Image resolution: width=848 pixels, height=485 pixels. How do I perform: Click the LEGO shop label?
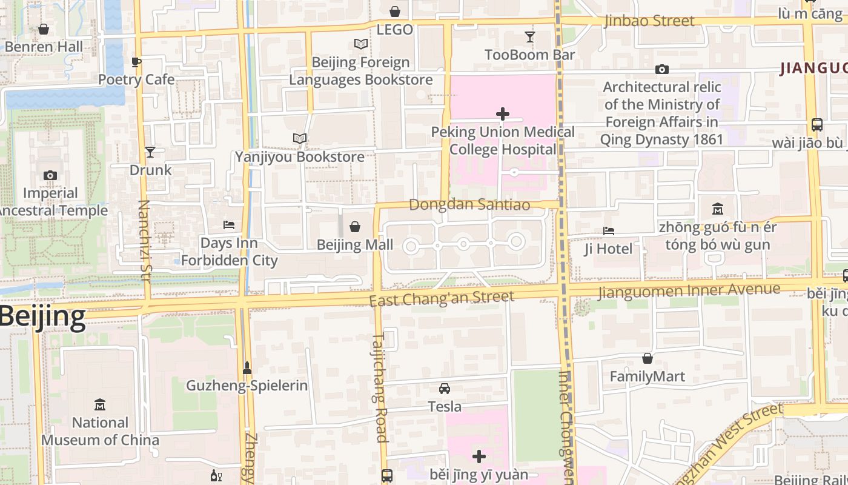pos(394,30)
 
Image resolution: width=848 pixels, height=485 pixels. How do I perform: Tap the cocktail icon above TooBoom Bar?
pos(530,37)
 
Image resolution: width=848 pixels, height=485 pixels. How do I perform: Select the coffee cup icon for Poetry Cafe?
pos(136,62)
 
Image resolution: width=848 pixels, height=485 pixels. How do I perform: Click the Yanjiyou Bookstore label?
pos(300,157)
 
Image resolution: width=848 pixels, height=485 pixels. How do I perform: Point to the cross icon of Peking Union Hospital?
pos(502,113)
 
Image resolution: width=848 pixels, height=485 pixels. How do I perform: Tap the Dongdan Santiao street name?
pos(469,205)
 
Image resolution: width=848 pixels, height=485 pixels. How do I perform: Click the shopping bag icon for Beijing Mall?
pos(355,227)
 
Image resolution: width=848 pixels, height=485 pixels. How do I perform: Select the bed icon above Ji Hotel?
pos(609,231)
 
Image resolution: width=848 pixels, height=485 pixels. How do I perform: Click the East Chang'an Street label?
pos(442,298)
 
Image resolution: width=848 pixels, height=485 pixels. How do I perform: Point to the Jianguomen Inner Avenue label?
pos(689,291)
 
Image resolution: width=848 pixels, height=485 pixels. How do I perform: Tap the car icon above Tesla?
pos(445,388)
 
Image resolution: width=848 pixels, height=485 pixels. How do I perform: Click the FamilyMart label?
pos(648,376)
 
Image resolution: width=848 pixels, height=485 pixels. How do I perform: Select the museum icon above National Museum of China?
pos(100,404)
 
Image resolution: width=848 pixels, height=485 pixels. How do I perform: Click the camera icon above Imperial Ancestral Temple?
pos(50,176)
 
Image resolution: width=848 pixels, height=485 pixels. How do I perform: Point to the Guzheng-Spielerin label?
pos(247,386)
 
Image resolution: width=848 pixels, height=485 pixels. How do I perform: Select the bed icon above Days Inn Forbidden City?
pos(229,225)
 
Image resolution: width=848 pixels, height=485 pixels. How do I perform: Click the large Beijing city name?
pos(42,317)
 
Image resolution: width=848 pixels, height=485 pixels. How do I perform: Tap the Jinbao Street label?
pos(649,21)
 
